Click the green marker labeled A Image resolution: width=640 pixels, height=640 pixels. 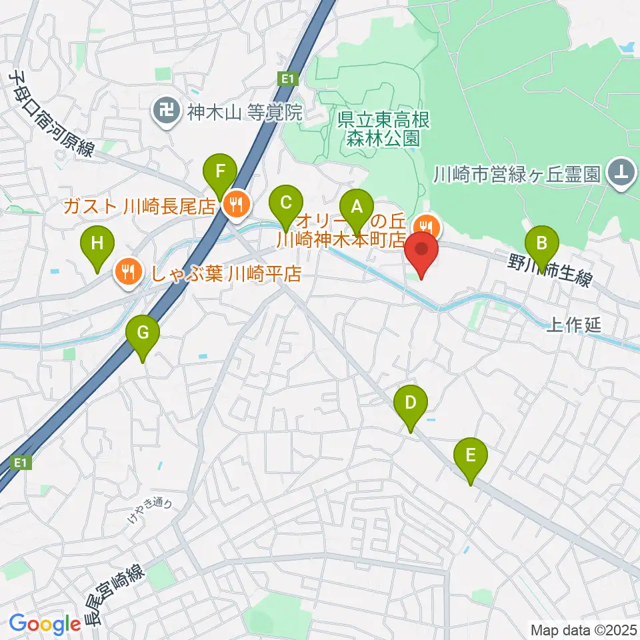[357, 207]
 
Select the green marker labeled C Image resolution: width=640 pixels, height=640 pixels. [285, 204]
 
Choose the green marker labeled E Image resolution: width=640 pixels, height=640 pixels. [471, 458]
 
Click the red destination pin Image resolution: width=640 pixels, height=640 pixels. [421, 252]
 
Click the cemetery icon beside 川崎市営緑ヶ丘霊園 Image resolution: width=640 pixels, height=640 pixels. [621, 175]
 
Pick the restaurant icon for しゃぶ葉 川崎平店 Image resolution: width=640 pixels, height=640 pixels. [126, 272]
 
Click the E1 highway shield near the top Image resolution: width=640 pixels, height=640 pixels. [287, 79]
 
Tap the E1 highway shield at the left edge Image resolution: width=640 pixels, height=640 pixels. [22, 463]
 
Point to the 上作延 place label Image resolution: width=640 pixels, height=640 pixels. [573, 325]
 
